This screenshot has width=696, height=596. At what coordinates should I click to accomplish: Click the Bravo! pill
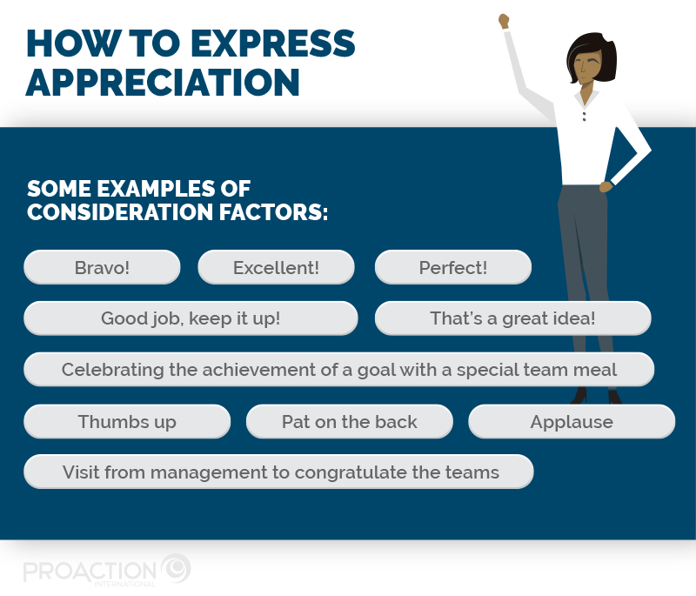[102, 267]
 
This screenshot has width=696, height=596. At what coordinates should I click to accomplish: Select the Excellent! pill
[276, 267]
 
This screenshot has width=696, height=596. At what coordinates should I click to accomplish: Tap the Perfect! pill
[452, 267]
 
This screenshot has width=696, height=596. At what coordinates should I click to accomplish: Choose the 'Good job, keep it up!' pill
[191, 318]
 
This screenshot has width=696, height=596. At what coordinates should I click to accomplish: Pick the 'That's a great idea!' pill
[512, 318]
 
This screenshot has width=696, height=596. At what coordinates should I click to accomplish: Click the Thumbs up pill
[127, 422]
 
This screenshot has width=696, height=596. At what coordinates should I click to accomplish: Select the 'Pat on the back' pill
[349, 422]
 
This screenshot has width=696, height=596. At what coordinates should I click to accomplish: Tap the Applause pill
[572, 422]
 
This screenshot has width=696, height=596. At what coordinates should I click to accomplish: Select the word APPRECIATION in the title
[164, 82]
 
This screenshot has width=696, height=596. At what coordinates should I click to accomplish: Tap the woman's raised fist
[503, 20]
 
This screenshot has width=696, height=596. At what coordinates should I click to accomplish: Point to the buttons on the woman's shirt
[584, 115]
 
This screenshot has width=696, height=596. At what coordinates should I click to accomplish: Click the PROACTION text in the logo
[90, 571]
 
